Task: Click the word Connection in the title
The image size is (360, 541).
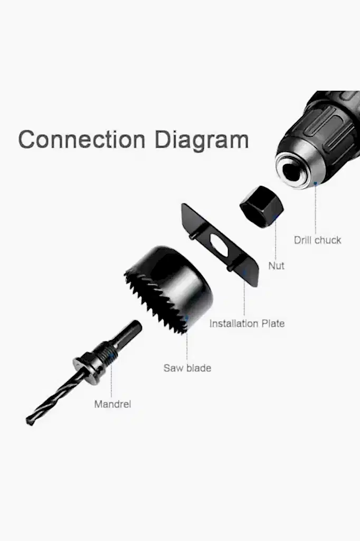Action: [82, 139]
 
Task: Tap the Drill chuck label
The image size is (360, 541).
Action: [318, 240]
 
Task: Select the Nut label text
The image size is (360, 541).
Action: [276, 266]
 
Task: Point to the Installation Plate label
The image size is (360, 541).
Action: [247, 324]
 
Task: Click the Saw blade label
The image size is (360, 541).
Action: [187, 368]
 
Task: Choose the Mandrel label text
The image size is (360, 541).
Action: [113, 404]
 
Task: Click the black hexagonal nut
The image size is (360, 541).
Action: [262, 207]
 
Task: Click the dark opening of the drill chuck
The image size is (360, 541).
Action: [293, 170]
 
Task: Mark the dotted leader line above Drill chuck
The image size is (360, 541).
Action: [315, 208]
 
